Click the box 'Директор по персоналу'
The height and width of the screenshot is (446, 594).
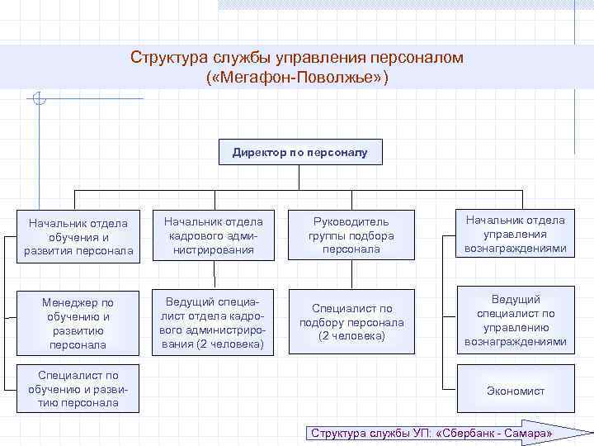[300, 152]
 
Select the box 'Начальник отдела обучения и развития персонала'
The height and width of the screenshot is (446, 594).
[78, 236]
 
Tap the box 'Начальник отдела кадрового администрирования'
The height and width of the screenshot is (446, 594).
[214, 236]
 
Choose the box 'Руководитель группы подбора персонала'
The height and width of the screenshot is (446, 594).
[351, 236]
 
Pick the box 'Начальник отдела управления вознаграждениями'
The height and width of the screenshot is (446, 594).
[515, 235]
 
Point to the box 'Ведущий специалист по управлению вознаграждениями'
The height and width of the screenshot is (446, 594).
[515, 320]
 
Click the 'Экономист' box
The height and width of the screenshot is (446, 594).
[515, 391]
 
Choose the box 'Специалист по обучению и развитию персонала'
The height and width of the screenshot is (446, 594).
[78, 389]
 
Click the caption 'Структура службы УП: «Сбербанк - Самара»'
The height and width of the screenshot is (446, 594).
[429, 434]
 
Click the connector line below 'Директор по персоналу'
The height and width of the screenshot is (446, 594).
[300, 178]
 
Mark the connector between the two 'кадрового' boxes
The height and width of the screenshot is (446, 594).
[214, 275]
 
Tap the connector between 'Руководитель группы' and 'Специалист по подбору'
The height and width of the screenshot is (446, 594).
[351, 275]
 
